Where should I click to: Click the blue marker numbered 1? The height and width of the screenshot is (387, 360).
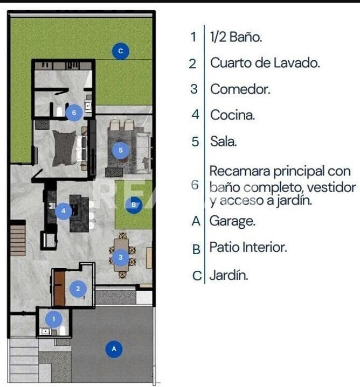tap(53, 319)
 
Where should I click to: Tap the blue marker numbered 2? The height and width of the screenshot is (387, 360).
tap(78, 289)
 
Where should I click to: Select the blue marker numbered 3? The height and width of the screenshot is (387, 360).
tap(120, 258)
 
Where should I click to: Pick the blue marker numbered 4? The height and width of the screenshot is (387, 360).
tap(63, 211)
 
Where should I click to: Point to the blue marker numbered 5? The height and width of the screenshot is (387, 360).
tap(120, 150)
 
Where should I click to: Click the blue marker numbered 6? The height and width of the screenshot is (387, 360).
tap(74, 113)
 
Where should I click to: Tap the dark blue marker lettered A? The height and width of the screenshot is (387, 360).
tap(114, 349)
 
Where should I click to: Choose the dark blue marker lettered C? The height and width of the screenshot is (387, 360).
tap(120, 51)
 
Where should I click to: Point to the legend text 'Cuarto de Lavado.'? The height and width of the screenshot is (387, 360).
tap(265, 62)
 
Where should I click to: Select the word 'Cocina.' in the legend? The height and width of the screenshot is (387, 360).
tap(233, 115)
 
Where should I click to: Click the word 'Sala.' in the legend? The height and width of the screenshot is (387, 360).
tap(224, 142)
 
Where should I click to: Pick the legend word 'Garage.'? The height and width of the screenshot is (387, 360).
tap(232, 221)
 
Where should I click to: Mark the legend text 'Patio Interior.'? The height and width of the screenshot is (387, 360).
tap(248, 248)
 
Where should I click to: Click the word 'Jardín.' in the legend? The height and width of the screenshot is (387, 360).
tap(229, 276)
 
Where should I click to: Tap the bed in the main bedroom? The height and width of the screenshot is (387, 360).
tap(66, 146)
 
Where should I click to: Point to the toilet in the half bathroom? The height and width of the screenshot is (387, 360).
tap(63, 330)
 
